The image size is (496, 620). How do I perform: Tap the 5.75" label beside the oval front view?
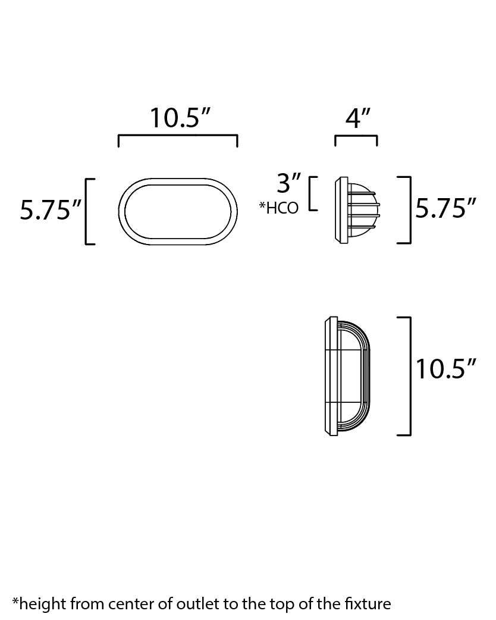(x=51, y=210)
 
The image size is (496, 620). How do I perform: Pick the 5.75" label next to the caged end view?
(x=446, y=209)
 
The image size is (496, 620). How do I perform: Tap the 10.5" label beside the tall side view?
(x=446, y=369)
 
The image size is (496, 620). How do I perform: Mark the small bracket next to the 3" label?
(x=312, y=193)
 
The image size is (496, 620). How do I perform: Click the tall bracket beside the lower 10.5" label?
(x=408, y=377)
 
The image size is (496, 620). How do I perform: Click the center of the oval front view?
(x=178, y=211)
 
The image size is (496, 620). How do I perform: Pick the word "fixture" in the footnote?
(x=368, y=604)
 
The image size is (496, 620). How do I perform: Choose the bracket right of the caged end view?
(x=408, y=210)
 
